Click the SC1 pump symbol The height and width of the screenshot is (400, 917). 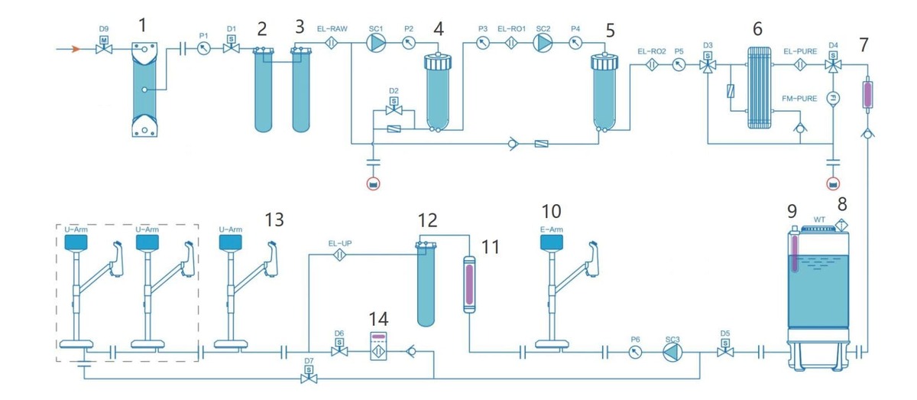[x=376, y=44]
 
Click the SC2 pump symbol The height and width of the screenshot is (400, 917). [x=543, y=44]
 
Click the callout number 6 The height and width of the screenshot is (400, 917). [x=757, y=28]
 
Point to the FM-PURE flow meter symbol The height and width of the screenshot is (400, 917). [x=833, y=97]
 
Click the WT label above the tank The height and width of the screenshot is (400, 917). [x=819, y=220]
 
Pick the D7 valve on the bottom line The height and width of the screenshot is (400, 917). [x=309, y=376]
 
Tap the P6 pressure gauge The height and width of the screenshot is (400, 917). [x=634, y=353]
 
